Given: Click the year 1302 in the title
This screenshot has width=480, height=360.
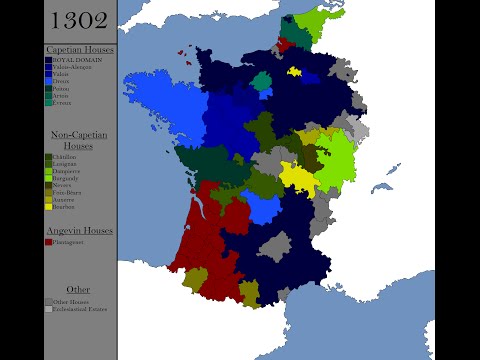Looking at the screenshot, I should (81, 20).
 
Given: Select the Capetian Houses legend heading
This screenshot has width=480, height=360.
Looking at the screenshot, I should (81, 49).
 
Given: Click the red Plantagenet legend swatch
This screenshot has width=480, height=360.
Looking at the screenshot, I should (49, 241).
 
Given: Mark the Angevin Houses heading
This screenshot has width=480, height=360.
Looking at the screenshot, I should (81, 230).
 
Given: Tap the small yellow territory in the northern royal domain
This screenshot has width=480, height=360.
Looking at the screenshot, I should (294, 72).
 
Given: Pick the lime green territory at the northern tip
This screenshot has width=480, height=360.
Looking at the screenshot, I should (323, 20).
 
